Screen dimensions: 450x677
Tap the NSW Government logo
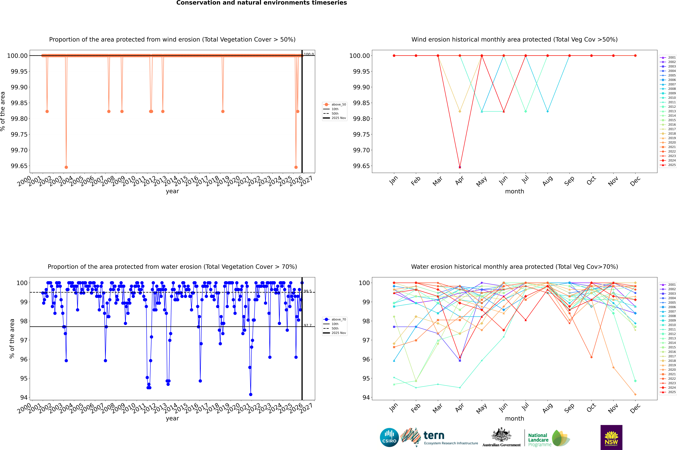tap(611, 437)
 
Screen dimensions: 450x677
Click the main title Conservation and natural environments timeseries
tap(261, 3)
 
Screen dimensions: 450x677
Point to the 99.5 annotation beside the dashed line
tap(307, 291)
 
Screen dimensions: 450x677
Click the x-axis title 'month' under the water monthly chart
tap(514, 418)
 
